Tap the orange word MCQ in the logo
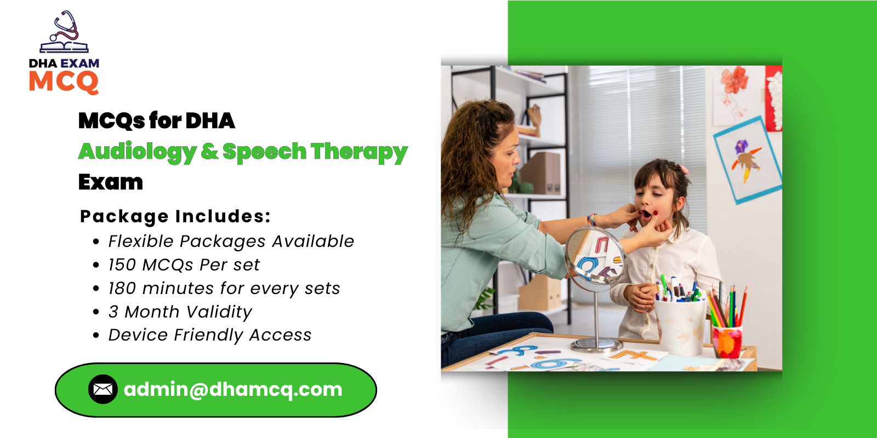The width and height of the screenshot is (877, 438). coord(64,82)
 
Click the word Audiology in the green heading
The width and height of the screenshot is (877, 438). coord(137,152)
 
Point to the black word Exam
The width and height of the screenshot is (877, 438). coord(110,182)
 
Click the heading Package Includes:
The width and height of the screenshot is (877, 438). coord(175,216)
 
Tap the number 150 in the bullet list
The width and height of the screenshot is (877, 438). coord(122,265)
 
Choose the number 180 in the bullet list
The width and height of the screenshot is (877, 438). coord(122,289)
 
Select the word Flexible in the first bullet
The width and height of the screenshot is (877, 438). coord(140,241)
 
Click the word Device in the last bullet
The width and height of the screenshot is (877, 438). coord(137,335)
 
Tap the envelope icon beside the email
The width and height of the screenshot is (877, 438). coord(103,389)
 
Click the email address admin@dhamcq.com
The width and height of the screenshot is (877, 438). coord(233,389)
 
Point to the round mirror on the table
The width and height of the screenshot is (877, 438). coord(595,256)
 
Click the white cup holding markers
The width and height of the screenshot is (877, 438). coord(680,326)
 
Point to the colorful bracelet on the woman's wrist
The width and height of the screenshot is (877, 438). coord(591,220)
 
